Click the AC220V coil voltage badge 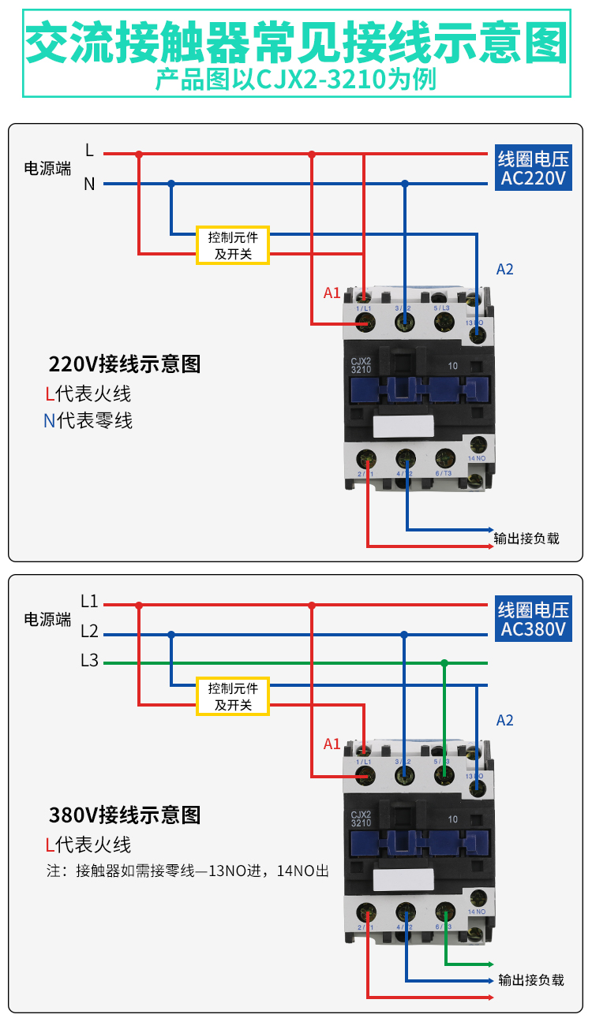[x=534, y=168]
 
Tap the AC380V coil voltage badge [x=534, y=619]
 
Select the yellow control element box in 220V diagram [x=233, y=244]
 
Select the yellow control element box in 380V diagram [x=233, y=696]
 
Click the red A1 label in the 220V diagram [x=332, y=293]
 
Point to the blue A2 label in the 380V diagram [x=505, y=720]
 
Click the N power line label [x=89, y=184]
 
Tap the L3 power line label [x=89, y=661]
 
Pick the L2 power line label [x=89, y=632]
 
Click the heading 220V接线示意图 [x=125, y=364]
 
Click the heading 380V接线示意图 [x=125, y=815]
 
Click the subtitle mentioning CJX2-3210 [x=296, y=80]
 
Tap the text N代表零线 [x=88, y=420]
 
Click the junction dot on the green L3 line [x=444, y=663]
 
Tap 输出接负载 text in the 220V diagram [x=526, y=539]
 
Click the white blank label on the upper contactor [x=403, y=427]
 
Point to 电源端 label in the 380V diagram [x=47, y=619]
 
